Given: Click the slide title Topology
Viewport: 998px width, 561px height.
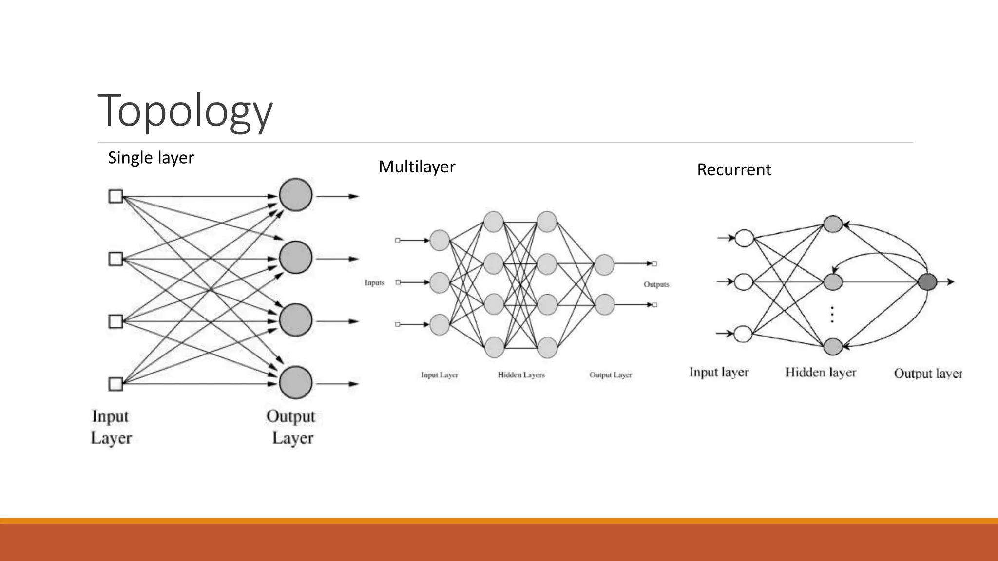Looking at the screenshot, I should [x=185, y=111].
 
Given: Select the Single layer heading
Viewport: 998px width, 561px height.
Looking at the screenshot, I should [x=151, y=158].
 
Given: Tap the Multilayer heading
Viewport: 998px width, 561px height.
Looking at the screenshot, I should [x=417, y=167].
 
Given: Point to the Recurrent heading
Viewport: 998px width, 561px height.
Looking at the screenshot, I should [x=734, y=169].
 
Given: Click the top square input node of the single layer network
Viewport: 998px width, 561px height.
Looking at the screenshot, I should [x=115, y=196].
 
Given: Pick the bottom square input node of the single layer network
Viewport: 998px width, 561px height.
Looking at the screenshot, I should [x=115, y=384].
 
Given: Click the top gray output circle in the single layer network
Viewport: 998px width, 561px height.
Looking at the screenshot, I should [x=296, y=195].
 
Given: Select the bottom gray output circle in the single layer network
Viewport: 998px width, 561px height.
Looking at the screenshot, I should [x=296, y=382].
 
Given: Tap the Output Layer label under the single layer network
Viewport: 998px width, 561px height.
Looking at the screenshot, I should [x=291, y=427].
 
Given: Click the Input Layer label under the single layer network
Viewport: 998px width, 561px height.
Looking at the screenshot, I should [x=111, y=427].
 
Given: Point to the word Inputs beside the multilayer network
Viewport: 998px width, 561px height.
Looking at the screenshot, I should [x=374, y=282].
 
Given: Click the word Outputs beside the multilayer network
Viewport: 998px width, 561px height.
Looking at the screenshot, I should [x=656, y=284].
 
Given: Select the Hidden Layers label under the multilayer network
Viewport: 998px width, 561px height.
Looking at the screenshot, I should [x=521, y=375].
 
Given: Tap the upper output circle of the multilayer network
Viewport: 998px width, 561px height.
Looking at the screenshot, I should [x=604, y=265].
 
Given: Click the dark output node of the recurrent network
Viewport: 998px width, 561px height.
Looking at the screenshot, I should [x=927, y=282].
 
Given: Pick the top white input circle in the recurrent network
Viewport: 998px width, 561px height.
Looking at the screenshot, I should [x=744, y=239].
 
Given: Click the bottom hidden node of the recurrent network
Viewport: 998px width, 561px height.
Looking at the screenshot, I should [x=833, y=347].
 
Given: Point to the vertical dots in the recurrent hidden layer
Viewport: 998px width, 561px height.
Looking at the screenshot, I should [x=832, y=315].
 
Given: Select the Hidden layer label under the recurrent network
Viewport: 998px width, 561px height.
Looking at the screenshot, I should [x=821, y=373].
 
